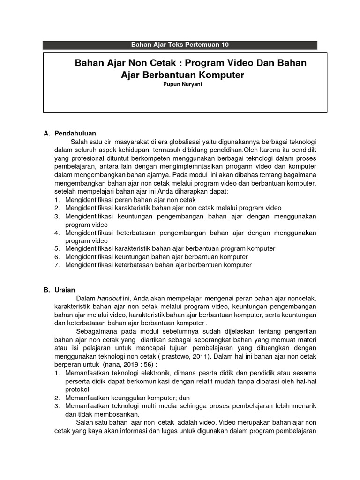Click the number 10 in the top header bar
pos(224,45)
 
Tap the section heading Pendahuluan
pos(75,133)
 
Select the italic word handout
pos(109,298)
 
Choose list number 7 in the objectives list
pos(56,265)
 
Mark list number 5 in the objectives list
pos(56,248)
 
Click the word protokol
pos(77,390)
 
